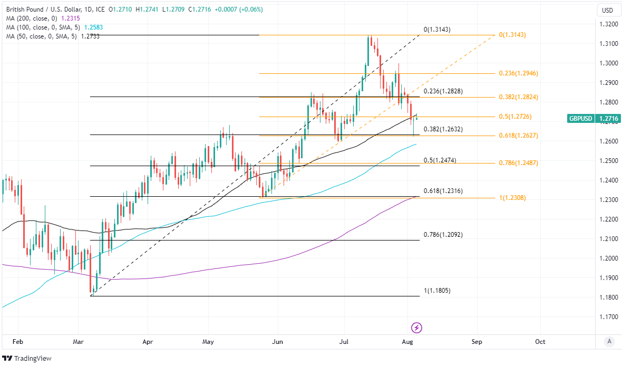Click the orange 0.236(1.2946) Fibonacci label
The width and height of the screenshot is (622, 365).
tap(518, 73)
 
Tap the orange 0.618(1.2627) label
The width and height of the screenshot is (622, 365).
tap(518, 136)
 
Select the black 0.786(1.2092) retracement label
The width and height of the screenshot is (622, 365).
tap(443, 235)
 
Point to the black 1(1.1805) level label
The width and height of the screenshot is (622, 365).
tap(437, 291)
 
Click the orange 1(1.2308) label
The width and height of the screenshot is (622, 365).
tap(512, 198)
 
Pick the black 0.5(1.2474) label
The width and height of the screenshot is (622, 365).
tap(440, 160)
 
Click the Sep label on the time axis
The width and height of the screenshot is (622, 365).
tap(477, 341)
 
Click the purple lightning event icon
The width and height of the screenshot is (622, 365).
tap(417, 328)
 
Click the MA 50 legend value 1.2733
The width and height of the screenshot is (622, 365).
tap(90, 36)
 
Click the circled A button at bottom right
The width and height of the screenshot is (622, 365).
tap(609, 341)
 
